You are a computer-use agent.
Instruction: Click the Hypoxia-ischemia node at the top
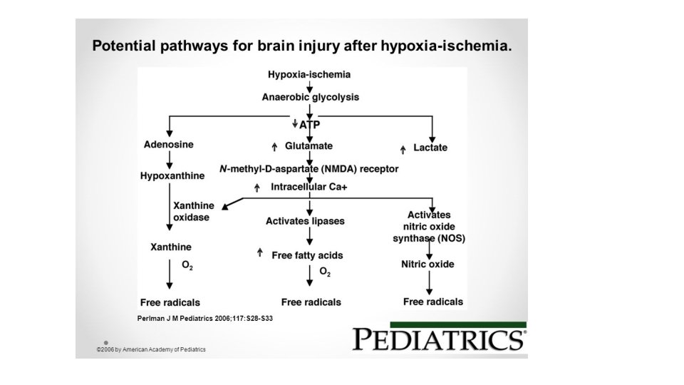tap(309, 74)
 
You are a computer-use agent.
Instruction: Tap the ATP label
tap(310, 124)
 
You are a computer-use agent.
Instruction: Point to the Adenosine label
tap(168, 145)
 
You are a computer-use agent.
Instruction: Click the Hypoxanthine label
tap(172, 175)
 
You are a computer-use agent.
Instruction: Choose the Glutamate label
tap(309, 145)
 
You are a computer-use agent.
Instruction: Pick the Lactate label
tap(430, 148)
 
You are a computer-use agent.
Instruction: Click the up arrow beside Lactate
tap(403, 148)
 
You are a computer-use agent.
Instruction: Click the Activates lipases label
tap(305, 221)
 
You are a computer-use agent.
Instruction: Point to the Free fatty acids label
tap(307, 255)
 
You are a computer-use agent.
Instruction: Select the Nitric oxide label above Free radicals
tap(427, 265)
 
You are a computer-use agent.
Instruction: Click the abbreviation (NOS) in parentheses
tap(450, 239)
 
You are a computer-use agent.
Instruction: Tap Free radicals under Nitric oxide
tap(432, 302)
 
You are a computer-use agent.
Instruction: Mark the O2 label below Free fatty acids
tap(325, 272)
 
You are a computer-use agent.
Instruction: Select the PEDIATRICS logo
tap(439, 339)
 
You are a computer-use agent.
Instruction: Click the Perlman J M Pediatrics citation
tap(204, 318)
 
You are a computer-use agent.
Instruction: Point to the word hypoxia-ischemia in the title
tap(449, 47)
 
